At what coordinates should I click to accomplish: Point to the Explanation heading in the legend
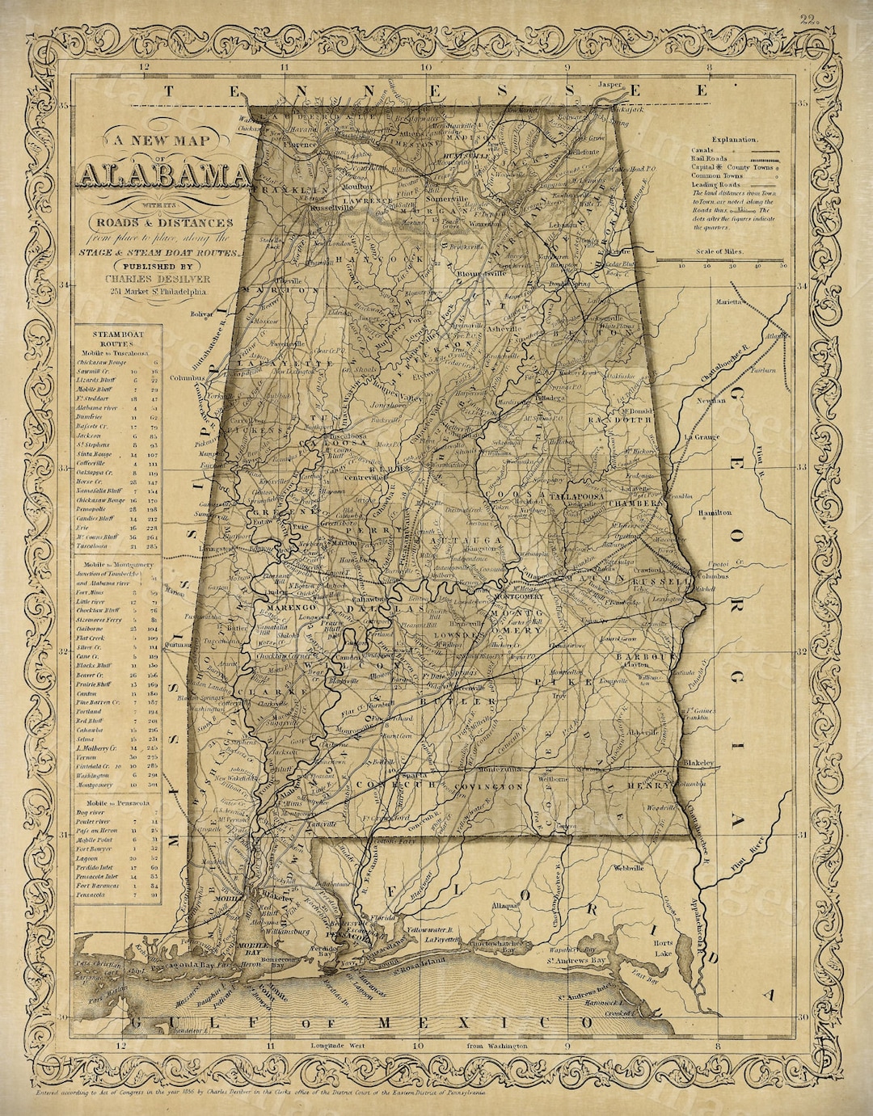click(x=734, y=140)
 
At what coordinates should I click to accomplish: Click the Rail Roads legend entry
click(x=709, y=158)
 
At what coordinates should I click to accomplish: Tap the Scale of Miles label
click(x=733, y=251)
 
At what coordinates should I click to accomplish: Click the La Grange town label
click(x=702, y=436)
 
